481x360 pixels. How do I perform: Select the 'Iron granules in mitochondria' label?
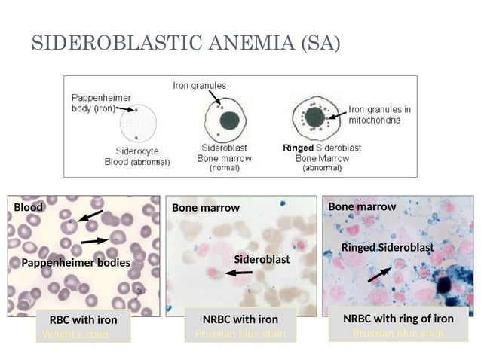point(379,114)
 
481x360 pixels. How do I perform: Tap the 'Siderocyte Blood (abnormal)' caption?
point(137,156)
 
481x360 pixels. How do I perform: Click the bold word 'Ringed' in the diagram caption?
point(298,148)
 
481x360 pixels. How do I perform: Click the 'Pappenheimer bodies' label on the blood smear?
point(75,263)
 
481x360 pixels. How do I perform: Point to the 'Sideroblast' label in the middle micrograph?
point(262,259)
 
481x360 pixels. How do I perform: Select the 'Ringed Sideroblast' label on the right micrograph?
point(388,247)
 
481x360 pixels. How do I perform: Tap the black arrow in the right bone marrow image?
point(379,273)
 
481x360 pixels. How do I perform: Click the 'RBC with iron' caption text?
point(83,319)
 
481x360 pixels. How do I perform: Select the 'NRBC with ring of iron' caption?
point(398,319)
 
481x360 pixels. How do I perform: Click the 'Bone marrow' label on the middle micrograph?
point(206,207)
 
